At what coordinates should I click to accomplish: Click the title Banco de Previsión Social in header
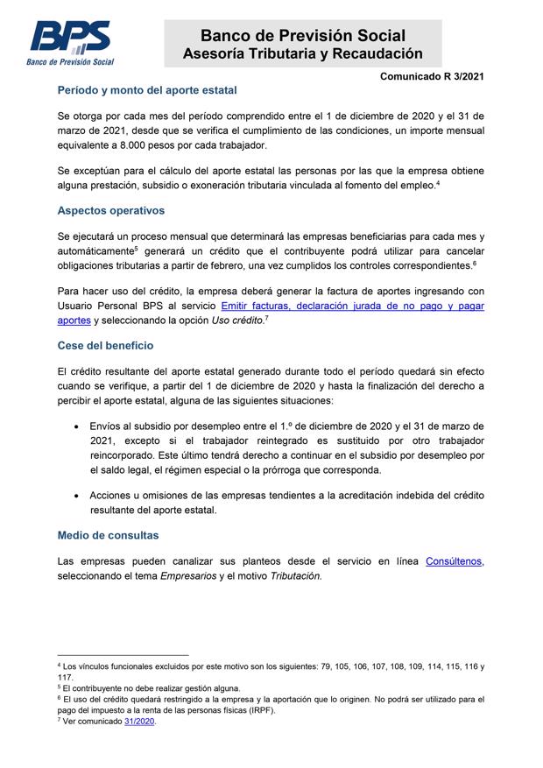click(x=302, y=36)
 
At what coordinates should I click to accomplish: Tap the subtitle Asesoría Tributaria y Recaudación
click(x=302, y=54)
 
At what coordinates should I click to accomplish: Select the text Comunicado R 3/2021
click(x=432, y=77)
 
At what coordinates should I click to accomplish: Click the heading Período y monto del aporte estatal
click(x=146, y=90)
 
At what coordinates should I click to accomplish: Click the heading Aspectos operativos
click(x=110, y=211)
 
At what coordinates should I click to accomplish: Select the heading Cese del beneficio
click(x=106, y=345)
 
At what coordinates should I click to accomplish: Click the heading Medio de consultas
click(x=108, y=535)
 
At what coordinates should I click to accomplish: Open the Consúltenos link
click(x=455, y=560)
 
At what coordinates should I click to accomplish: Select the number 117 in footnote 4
click(x=65, y=677)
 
